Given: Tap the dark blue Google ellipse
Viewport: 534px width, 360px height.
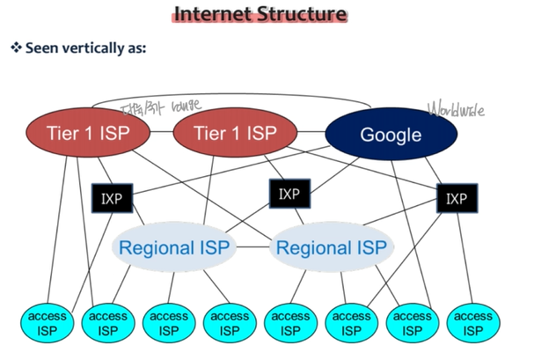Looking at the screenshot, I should pos(391,135).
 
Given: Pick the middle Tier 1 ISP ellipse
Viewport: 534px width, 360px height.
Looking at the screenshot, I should pos(233,134).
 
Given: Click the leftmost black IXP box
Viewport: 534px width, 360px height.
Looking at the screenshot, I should pos(111,197).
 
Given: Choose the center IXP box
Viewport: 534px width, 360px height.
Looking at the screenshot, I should pos(289,193).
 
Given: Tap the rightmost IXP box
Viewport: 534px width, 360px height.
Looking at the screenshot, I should pos(457,198).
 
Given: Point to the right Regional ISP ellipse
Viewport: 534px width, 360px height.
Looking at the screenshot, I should pos(331,246).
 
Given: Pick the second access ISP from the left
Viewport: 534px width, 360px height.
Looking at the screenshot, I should pos(107,323).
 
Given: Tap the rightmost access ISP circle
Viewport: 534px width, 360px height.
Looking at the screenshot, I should pos(472,323).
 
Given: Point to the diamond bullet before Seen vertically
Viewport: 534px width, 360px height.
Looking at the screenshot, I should pos(15,47).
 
